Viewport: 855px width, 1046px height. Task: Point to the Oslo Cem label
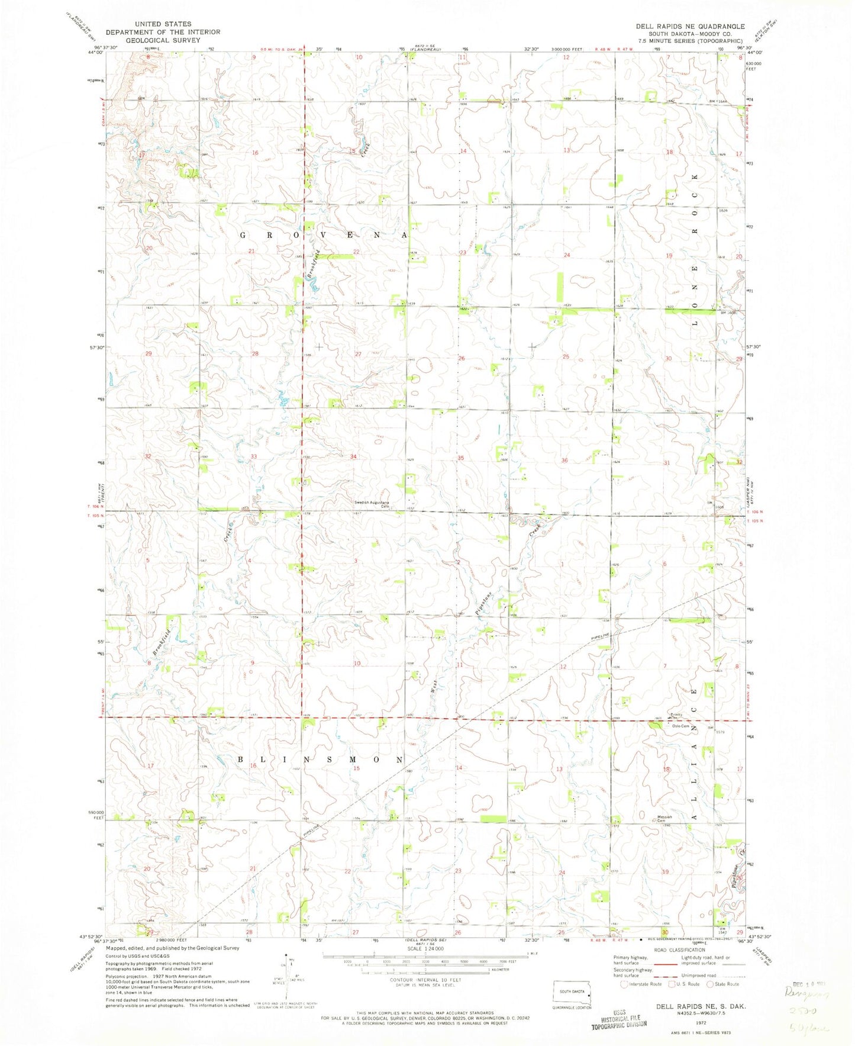pyautogui.click(x=679, y=726)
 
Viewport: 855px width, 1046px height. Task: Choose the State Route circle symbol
pyautogui.click(x=711, y=984)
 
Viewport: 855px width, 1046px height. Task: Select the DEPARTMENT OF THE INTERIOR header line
pyautogui.click(x=163, y=32)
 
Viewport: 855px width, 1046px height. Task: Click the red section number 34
pyautogui.click(x=353, y=456)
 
